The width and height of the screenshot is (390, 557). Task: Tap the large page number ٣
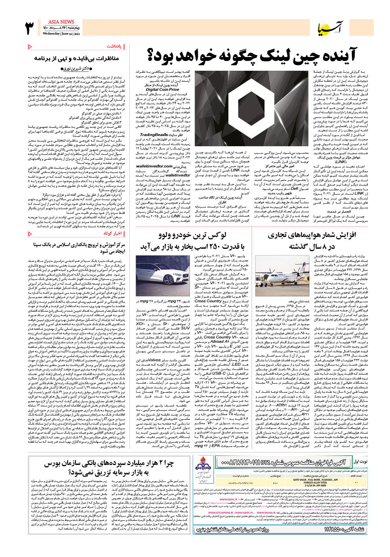[x=30, y=28]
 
